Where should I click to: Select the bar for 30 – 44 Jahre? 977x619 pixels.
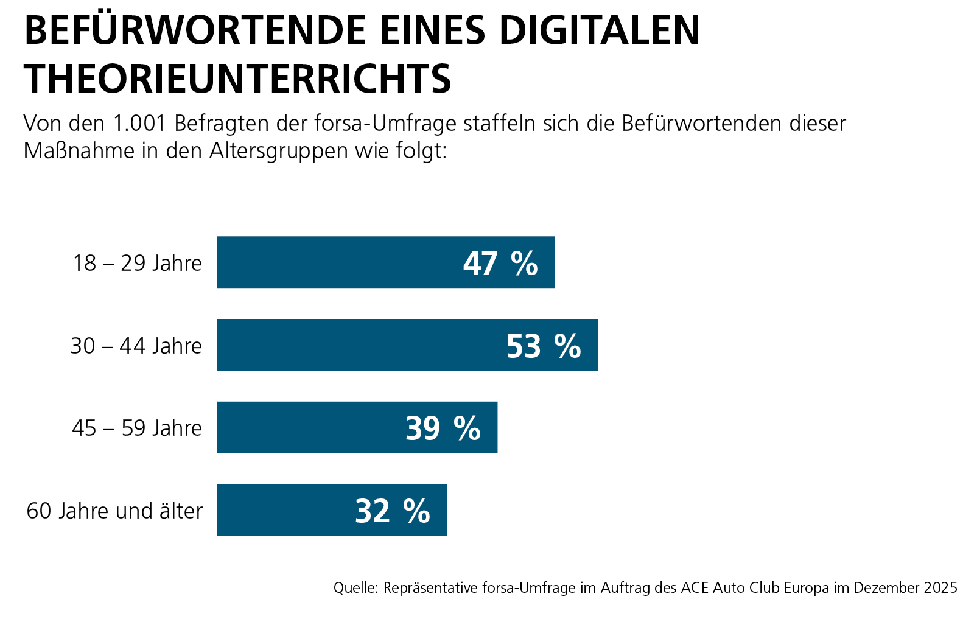click(x=359, y=345)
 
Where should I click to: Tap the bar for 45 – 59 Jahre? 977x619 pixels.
click(x=310, y=427)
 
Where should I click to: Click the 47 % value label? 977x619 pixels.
click(x=500, y=264)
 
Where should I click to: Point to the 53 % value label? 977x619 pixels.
click(x=544, y=346)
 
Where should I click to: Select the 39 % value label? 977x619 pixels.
click(x=443, y=428)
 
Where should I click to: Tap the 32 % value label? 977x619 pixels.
click(x=393, y=511)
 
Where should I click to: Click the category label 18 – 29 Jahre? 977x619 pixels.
click(x=138, y=263)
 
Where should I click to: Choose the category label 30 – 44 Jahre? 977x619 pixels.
click(x=136, y=346)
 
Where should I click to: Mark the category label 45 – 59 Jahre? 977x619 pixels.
click(x=137, y=428)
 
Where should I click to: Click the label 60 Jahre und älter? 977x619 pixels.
click(x=114, y=511)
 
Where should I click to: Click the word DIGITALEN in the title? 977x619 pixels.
click(x=600, y=30)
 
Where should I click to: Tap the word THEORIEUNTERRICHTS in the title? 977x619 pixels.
click(x=237, y=79)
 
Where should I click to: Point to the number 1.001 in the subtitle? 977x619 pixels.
click(x=139, y=124)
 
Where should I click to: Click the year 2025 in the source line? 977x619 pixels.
click(x=940, y=588)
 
